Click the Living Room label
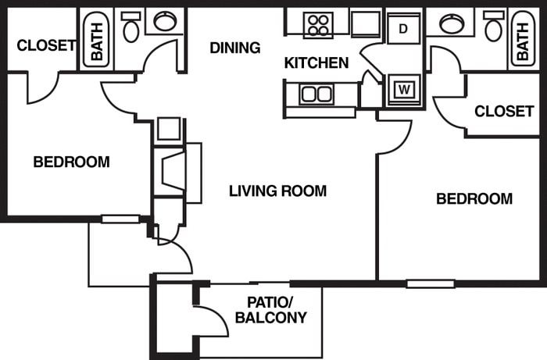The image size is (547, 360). tap(277, 191)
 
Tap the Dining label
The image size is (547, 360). tap(234, 48)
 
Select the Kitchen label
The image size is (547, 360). tap(316, 62)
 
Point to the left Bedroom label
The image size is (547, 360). tap(71, 162)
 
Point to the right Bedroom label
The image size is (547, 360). tap(474, 199)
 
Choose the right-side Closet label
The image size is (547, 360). tap(504, 111)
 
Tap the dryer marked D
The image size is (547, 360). tap(403, 30)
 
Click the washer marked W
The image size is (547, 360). tap(404, 88)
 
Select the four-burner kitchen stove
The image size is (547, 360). tap(317, 24)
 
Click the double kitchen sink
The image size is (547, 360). tap(316, 94)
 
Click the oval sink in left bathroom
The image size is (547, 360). tap(164, 21)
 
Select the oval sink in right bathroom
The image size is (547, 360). tap(452, 23)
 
